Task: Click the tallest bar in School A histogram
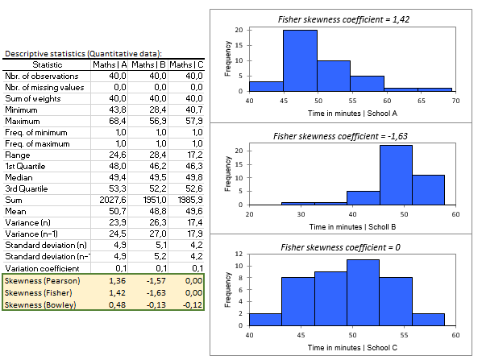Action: pos(299,60)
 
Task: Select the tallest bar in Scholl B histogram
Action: pos(395,175)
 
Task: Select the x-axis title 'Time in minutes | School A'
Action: pos(352,114)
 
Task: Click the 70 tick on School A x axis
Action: pos(455,101)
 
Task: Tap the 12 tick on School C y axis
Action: pos(239,254)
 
